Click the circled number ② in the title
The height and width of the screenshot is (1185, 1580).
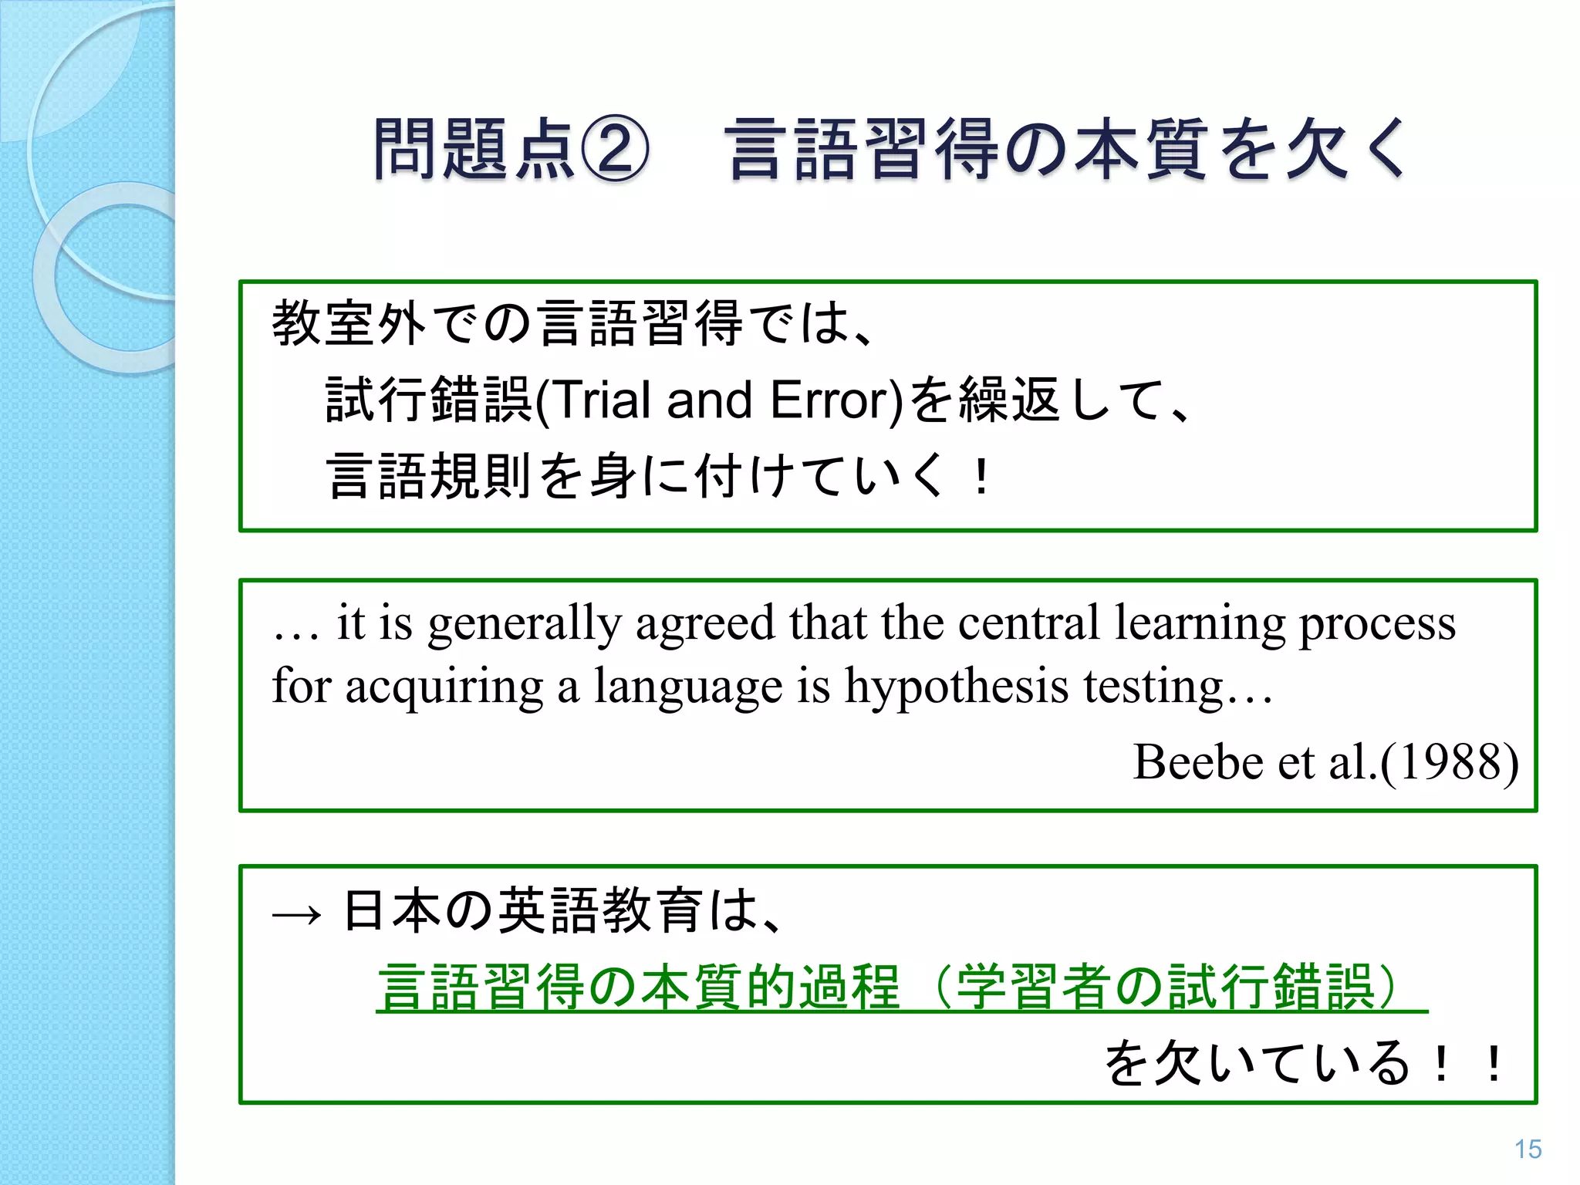coord(614,150)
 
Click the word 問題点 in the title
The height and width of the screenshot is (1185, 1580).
coord(474,150)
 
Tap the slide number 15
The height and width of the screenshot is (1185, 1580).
coord(1528,1149)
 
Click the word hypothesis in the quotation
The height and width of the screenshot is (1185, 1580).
coord(956,686)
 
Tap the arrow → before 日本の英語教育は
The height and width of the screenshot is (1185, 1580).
coord(297,914)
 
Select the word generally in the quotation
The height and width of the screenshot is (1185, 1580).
coord(524,623)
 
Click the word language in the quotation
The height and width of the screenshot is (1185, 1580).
coord(687,686)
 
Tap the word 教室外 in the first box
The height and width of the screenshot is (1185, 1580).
coord(349,323)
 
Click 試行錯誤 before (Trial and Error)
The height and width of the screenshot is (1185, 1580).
coord(429,400)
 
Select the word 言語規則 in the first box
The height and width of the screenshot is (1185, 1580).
coord(429,476)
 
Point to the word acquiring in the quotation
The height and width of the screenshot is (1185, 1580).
coord(444,686)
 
